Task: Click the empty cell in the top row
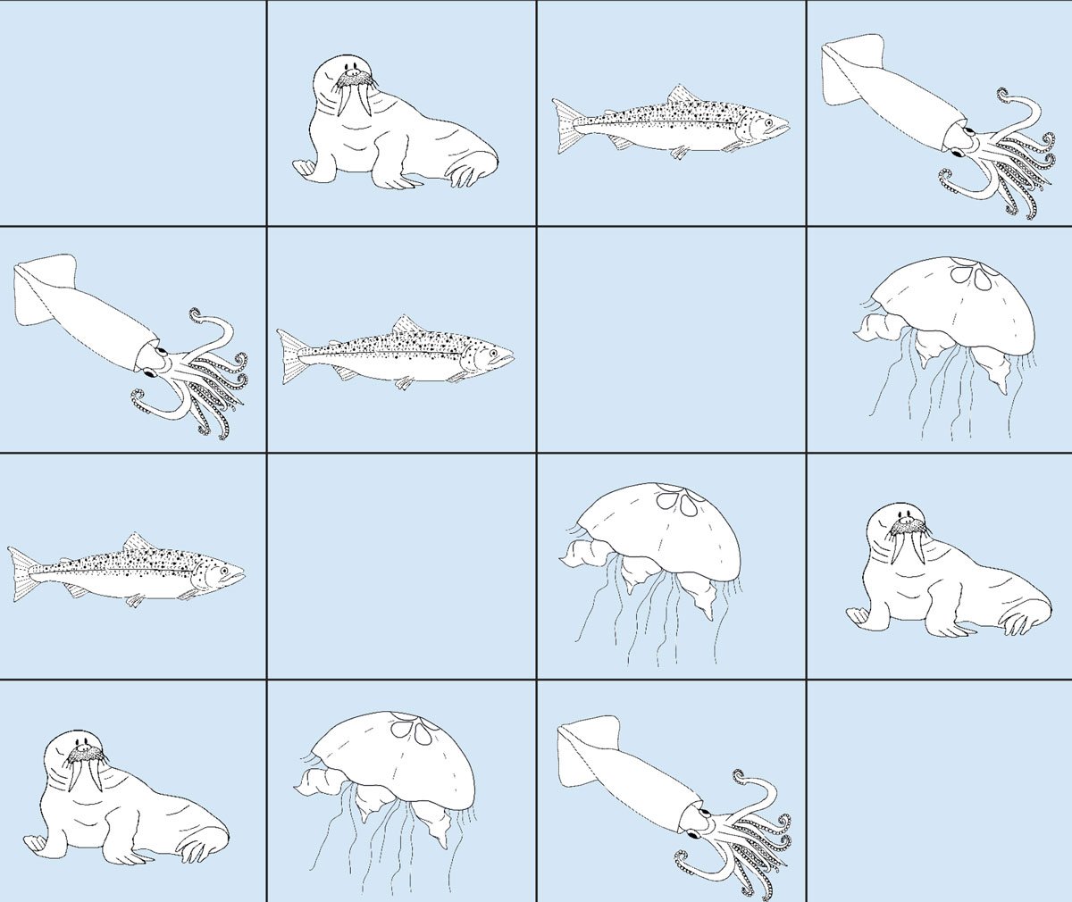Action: pos(133,113)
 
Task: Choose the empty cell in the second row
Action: pos(671,339)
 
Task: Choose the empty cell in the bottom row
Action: pos(939,790)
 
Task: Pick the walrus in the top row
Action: pos(393,129)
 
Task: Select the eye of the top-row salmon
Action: pos(767,121)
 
